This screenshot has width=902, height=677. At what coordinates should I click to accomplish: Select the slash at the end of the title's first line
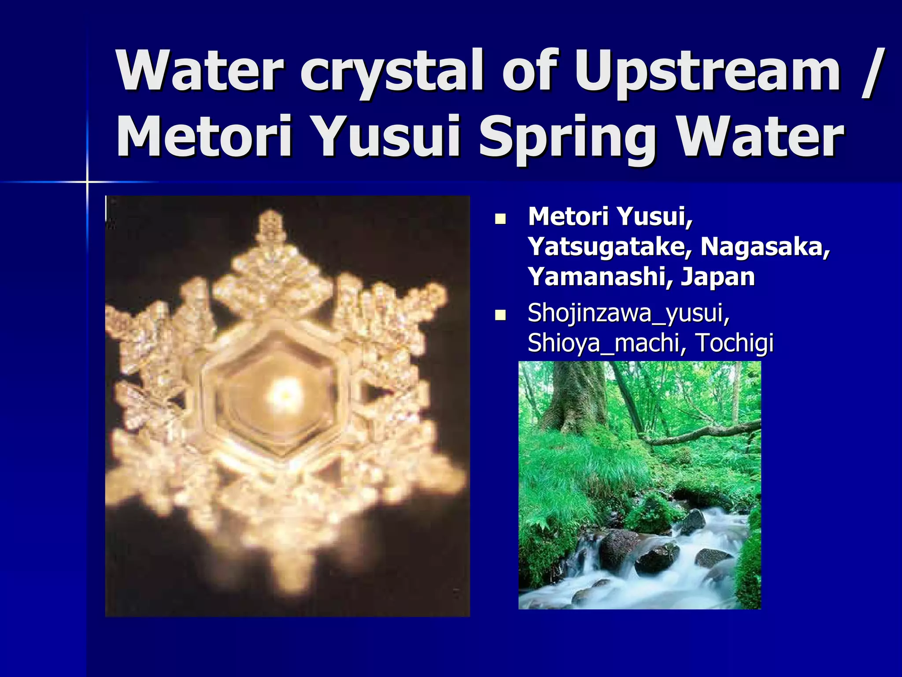coord(870,71)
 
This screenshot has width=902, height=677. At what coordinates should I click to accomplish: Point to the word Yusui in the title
coord(388,138)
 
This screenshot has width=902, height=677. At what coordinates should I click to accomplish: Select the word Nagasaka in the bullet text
coord(765,247)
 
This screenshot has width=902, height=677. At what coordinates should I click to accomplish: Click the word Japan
coord(718,277)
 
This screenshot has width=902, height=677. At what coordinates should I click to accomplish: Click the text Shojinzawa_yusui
coord(628,313)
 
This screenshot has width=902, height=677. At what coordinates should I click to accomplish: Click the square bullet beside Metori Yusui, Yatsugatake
coord(500,219)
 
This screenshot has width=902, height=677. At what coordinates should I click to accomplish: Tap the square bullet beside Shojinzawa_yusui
coord(500,316)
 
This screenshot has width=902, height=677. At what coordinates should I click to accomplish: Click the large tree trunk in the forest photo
coord(577,397)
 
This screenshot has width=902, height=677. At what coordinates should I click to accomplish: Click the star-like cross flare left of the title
coord(87,182)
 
